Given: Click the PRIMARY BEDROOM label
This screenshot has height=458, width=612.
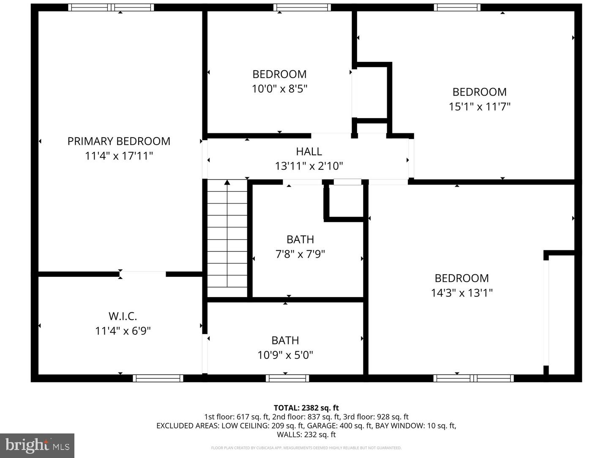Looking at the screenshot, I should [x=119, y=141].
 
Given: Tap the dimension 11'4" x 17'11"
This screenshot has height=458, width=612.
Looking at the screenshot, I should [x=119, y=156].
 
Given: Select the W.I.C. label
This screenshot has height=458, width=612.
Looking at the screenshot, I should [x=123, y=316].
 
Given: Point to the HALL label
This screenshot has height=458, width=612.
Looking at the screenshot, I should [x=309, y=151].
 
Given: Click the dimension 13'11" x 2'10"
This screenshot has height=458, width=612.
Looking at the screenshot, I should [x=309, y=166].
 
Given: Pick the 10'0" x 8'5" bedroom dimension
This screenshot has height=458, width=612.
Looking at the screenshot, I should [x=279, y=89].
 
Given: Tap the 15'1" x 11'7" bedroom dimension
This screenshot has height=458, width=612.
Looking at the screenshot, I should [x=479, y=107].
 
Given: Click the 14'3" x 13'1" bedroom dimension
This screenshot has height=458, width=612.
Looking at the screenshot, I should [x=462, y=293].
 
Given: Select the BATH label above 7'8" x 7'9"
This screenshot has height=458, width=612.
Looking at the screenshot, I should [x=300, y=239].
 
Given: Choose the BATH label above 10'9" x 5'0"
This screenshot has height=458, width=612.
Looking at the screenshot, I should [x=285, y=340].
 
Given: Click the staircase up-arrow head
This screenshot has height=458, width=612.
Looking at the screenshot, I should [x=227, y=182].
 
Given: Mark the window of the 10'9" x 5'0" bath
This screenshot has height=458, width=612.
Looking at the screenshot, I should [x=287, y=378].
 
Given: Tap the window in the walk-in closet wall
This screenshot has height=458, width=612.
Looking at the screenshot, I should [x=158, y=378].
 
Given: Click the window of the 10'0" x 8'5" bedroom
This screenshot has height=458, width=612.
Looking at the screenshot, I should [x=302, y=7].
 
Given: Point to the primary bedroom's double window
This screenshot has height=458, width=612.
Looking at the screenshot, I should [x=111, y=7].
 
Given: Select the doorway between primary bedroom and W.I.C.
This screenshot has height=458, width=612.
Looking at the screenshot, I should [x=143, y=274].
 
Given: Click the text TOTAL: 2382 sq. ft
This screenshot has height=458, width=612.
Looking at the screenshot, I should [x=306, y=408].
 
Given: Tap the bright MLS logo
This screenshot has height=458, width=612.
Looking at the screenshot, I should [x=37, y=445].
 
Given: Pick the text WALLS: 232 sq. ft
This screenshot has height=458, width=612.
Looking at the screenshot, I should [x=306, y=434].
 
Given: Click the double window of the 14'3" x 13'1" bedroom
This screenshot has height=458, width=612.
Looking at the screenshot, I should [x=473, y=378].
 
